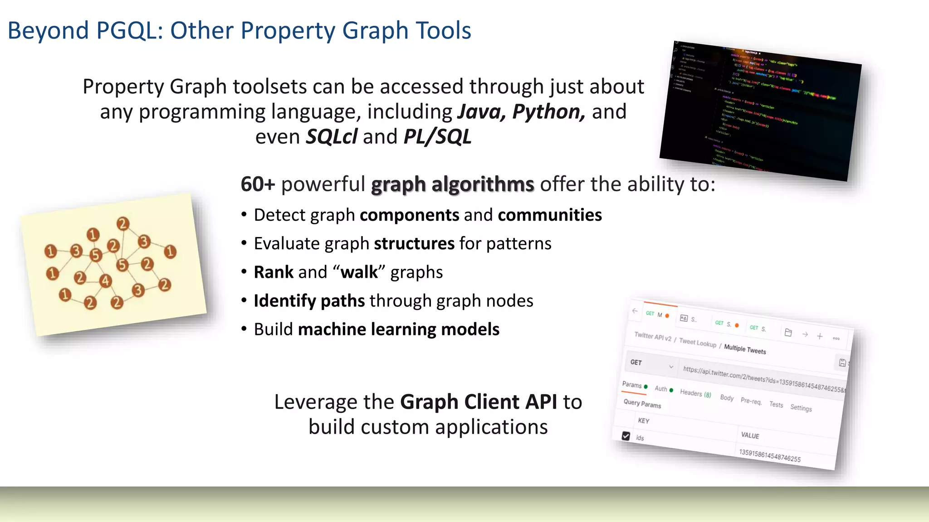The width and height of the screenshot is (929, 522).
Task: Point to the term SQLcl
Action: click(331, 137)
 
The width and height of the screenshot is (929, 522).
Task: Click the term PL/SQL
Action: click(437, 137)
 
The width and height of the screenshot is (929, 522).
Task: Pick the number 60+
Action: click(258, 184)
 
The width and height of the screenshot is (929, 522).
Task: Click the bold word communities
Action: click(549, 215)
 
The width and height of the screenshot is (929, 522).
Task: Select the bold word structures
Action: click(414, 244)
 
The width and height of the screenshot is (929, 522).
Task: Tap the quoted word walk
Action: click(359, 272)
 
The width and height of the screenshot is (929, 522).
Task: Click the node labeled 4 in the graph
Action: click(105, 281)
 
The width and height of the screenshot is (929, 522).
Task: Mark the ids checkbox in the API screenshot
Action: click(626, 436)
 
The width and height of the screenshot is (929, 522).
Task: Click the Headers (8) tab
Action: click(695, 393)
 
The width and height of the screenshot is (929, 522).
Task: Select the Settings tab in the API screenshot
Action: click(801, 408)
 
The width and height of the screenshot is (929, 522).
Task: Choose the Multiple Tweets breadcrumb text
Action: click(745, 349)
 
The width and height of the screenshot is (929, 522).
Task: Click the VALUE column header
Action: click(750, 435)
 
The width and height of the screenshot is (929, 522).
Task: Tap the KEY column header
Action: click(643, 421)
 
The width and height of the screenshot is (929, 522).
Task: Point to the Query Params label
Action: click(642, 403)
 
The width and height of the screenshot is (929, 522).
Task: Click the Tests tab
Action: click(776, 405)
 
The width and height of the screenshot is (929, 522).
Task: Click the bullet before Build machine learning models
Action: click(244, 329)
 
